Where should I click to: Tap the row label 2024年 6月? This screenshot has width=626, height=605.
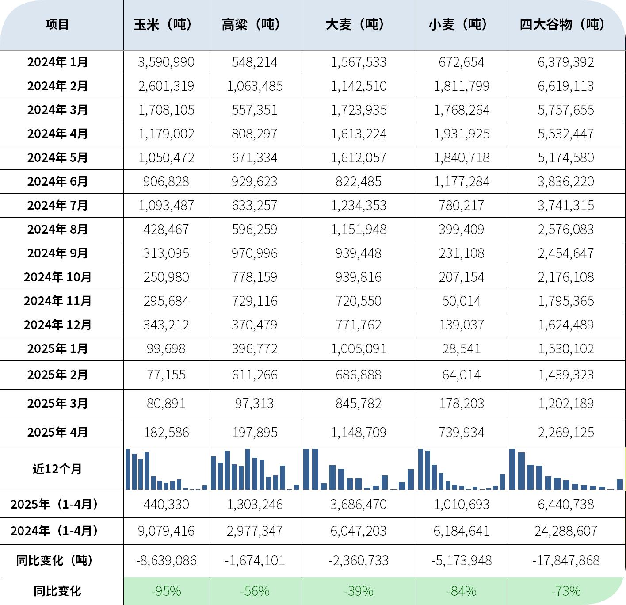57,181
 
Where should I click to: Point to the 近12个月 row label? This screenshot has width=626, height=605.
57,469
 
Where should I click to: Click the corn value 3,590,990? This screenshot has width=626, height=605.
166,62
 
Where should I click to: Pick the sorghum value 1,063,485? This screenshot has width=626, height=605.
255,86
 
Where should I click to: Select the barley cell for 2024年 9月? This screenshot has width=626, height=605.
358,253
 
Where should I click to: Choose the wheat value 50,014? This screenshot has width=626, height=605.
462,301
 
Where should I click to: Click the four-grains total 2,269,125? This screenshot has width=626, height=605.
565,432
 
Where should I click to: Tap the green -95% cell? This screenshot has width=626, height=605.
166,591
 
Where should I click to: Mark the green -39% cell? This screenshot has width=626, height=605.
358,591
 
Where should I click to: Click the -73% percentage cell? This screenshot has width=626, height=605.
565,591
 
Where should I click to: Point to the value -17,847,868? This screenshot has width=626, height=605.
565,560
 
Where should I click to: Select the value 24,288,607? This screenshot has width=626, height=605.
565,531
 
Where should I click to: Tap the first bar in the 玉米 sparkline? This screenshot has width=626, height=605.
128,469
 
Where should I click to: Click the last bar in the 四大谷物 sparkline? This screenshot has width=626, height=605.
620,484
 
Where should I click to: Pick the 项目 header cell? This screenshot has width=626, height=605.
57,24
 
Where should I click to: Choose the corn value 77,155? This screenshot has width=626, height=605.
166,375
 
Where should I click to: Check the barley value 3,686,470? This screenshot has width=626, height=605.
358,504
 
